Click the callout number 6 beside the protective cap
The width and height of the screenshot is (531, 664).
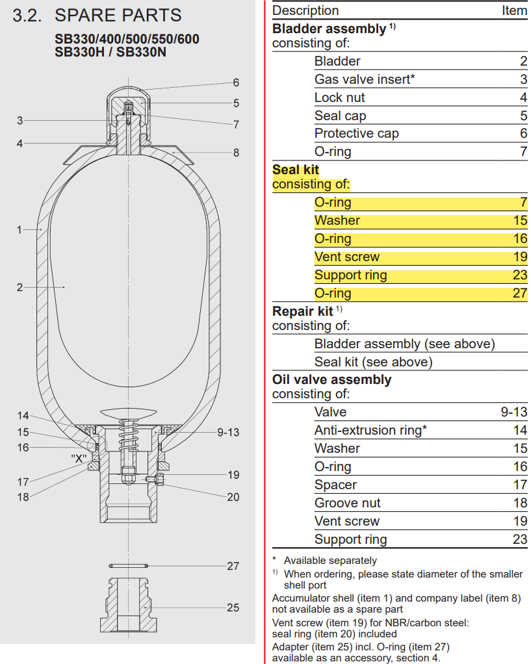(x=236, y=83)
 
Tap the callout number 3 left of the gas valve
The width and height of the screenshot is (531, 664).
(x=20, y=120)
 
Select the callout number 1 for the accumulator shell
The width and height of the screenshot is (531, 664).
(x=19, y=229)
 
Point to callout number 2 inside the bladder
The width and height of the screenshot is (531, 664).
(x=19, y=287)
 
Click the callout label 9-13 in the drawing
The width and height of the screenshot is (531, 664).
(x=228, y=432)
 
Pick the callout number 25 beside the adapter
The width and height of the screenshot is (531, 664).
(x=233, y=607)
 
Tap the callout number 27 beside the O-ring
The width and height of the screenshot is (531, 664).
(x=233, y=566)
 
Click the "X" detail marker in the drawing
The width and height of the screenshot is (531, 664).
(x=79, y=457)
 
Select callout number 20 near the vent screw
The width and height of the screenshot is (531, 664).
(x=233, y=497)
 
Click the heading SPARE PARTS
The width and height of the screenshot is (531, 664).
(x=118, y=16)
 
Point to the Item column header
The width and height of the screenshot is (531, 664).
(x=514, y=10)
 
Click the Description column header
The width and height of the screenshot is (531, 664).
(x=305, y=10)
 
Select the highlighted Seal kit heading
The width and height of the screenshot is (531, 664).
(x=296, y=170)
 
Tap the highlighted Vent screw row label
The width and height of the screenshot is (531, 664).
(x=347, y=257)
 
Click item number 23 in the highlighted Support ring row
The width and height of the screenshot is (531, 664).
(x=519, y=275)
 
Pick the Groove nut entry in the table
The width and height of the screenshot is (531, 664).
(x=347, y=503)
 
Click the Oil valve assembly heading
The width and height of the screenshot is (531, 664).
(x=331, y=379)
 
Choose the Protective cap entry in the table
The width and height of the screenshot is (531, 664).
(x=356, y=133)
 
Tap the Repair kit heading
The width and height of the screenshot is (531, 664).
(x=303, y=311)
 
